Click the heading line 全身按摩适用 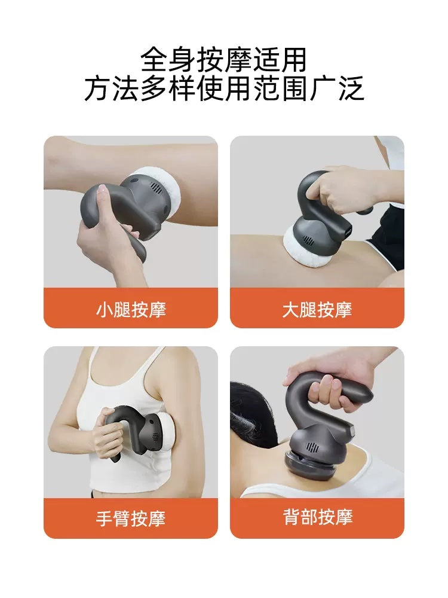point(223,60)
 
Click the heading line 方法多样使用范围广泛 point(224,89)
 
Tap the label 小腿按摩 point(131,309)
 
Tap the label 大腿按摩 point(317,309)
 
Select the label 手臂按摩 point(131,518)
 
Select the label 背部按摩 point(317,517)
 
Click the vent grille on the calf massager point(155,187)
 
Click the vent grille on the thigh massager point(309,240)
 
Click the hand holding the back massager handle point(327,377)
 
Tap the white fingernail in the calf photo point(102,188)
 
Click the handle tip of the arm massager point(115,459)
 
